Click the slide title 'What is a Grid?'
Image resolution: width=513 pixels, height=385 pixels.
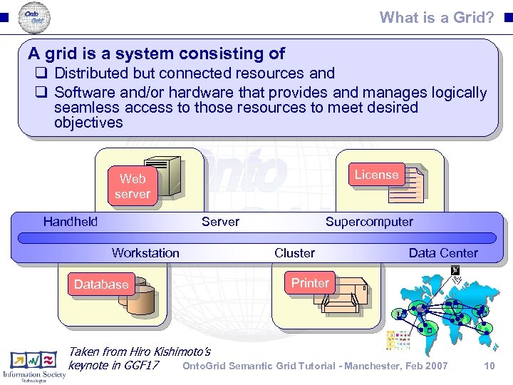pyautogui.click(x=437, y=17)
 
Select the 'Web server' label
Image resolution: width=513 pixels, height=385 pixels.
pyautogui.click(x=133, y=186)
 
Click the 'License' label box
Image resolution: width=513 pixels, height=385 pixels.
pyautogui.click(x=376, y=175)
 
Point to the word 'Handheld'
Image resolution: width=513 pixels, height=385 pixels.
pyautogui.click(x=71, y=222)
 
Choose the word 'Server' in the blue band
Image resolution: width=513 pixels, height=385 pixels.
pyautogui.click(x=220, y=222)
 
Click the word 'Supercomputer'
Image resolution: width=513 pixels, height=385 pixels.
pyautogui.click(x=369, y=222)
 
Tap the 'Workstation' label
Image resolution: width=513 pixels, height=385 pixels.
pyautogui.click(x=145, y=252)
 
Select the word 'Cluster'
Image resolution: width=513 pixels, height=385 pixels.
pyautogui.click(x=294, y=252)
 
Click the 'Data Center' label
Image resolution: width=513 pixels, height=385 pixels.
pyautogui.click(x=443, y=252)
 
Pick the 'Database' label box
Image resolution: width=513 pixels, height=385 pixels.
pyautogui.click(x=101, y=284)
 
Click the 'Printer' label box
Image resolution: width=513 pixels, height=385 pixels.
pyautogui.click(x=310, y=283)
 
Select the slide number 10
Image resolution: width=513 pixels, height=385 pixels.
pyautogui.click(x=489, y=366)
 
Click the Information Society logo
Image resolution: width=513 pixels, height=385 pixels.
pyautogui.click(x=33, y=366)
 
